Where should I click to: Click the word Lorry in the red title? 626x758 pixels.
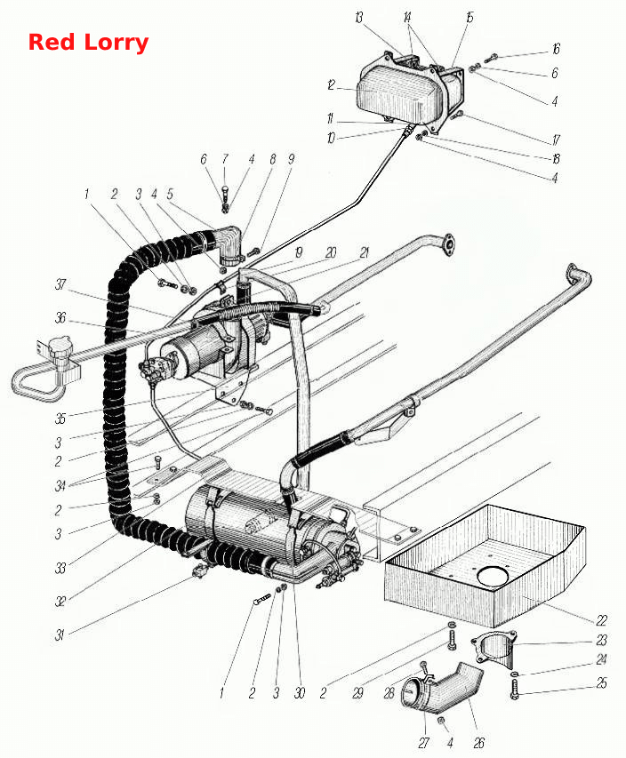pyautogui.click(x=116, y=43)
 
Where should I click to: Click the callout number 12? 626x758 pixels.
pyautogui.click(x=331, y=85)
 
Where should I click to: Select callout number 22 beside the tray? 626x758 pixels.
pyautogui.click(x=601, y=620)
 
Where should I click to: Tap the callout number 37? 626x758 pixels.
pyautogui.click(x=60, y=284)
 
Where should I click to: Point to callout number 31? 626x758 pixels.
pyautogui.click(x=60, y=634)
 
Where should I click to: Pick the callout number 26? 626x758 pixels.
pyautogui.click(x=479, y=743)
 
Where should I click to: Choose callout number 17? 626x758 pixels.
pyautogui.click(x=556, y=140)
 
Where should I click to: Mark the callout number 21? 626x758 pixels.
pyautogui.click(x=365, y=252)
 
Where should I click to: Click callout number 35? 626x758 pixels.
pyautogui.click(x=60, y=419)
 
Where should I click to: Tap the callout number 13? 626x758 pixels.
pyautogui.click(x=358, y=18)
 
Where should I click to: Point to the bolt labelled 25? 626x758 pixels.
pyautogui.click(x=514, y=690)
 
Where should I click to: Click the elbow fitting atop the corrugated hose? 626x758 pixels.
pyautogui.click(x=229, y=245)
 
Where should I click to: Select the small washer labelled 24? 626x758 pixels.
pyautogui.click(x=514, y=674)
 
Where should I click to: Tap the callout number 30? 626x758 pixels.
pyautogui.click(x=300, y=693)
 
